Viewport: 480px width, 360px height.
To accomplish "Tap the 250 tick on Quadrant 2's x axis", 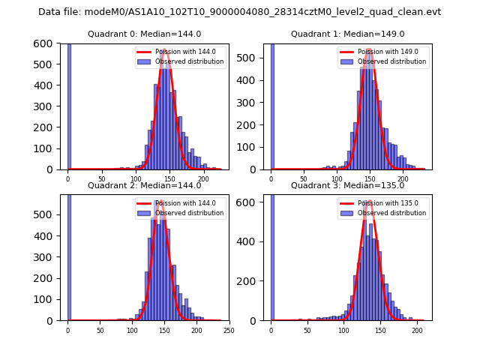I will click(x=229, y=330).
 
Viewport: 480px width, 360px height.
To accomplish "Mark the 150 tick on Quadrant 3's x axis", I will click(x=380, y=330).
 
